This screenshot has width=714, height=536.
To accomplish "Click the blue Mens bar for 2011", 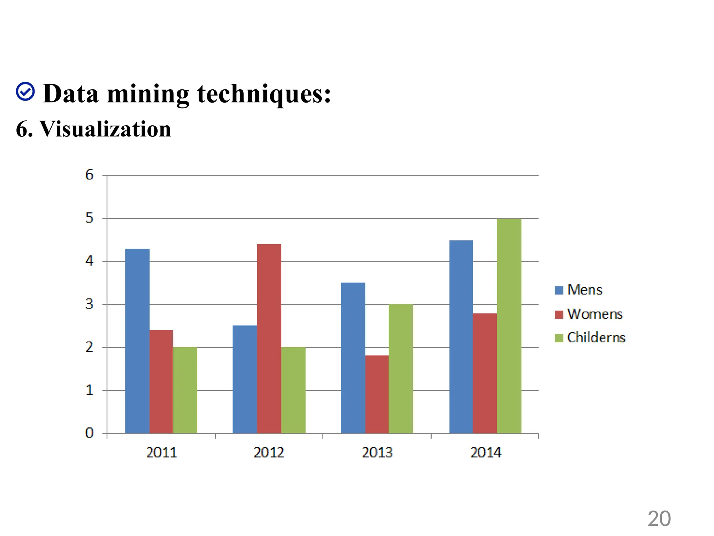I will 137,341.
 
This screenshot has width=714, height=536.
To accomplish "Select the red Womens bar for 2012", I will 269,338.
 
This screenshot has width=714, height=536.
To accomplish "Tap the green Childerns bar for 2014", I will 509,326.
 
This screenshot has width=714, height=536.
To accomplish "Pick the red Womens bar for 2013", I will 377,394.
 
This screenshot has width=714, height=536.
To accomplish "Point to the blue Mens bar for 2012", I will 245,379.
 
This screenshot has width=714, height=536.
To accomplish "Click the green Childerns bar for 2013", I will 401,369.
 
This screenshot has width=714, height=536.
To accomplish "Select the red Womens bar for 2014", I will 485,373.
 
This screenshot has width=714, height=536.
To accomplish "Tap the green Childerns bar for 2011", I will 185,390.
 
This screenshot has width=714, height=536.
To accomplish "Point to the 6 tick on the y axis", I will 89,175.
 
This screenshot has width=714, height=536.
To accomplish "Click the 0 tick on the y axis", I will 89,433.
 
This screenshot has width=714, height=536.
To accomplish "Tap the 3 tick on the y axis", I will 89,304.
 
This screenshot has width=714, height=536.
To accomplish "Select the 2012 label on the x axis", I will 269,453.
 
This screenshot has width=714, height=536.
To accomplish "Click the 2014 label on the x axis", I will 485,453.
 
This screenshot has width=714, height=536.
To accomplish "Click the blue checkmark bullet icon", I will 25,92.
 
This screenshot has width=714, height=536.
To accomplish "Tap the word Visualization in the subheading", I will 105,129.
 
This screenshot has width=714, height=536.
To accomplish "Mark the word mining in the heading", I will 148,94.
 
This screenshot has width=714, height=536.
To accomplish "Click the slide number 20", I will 659,519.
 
